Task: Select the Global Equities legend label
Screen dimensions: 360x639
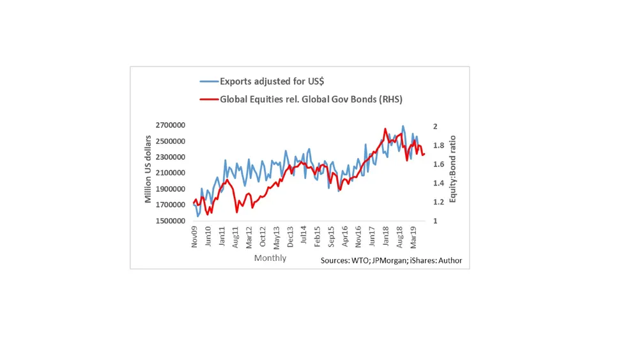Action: pyautogui.click(x=311, y=99)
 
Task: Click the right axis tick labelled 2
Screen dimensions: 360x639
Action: pyautogui.click(x=435, y=127)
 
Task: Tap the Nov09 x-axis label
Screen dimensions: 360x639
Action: pyautogui.click(x=195, y=235)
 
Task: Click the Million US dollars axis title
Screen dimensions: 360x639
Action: pyautogui.click(x=148, y=169)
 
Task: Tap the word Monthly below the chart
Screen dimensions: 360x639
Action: pyautogui.click(x=270, y=258)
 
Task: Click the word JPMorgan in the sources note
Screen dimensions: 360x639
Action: pyautogui.click(x=390, y=260)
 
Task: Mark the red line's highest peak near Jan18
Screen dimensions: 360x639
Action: pyautogui.click(x=385, y=129)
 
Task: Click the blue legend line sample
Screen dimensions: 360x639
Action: pyautogui.click(x=209, y=81)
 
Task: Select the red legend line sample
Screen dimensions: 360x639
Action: pyautogui.click(x=209, y=99)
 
